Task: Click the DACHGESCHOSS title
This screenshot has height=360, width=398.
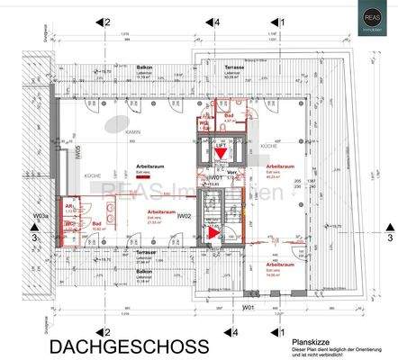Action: point(129,346)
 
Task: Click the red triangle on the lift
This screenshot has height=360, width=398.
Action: point(220,155)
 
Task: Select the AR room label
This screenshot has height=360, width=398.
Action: point(68,205)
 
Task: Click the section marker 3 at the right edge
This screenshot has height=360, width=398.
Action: point(389,238)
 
